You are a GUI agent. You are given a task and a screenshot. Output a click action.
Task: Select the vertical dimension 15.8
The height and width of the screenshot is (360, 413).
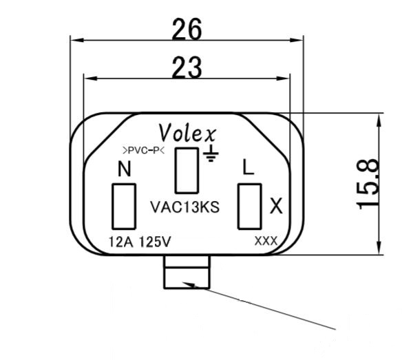click(370, 184)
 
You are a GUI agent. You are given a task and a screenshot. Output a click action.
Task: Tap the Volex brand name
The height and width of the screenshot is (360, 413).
click(188, 131)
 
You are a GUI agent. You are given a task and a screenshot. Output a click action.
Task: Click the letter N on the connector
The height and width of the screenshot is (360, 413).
click(125, 169)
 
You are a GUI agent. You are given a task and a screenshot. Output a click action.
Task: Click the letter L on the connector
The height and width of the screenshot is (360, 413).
click(248, 168)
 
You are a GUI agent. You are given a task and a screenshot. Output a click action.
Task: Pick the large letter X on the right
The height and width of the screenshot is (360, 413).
click(276, 206)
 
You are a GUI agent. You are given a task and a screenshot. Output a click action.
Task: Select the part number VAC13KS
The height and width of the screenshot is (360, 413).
click(184, 207)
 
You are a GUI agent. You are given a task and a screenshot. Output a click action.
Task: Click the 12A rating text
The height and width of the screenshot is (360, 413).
click(122, 242)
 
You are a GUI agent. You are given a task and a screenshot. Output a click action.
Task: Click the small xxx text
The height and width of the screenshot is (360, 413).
click(265, 241)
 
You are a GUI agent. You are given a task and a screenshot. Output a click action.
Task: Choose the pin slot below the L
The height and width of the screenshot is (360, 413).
click(248, 207)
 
